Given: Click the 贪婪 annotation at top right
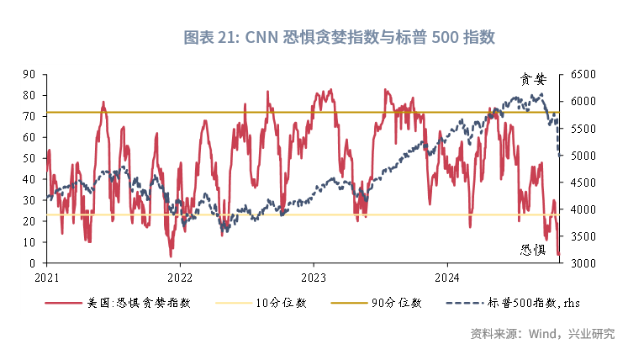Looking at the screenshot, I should tap(533, 80).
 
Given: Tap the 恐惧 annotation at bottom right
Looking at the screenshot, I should tap(533, 250).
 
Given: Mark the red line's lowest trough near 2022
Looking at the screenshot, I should tap(171, 256).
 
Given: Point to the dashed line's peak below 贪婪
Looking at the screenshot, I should tap(540, 95).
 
